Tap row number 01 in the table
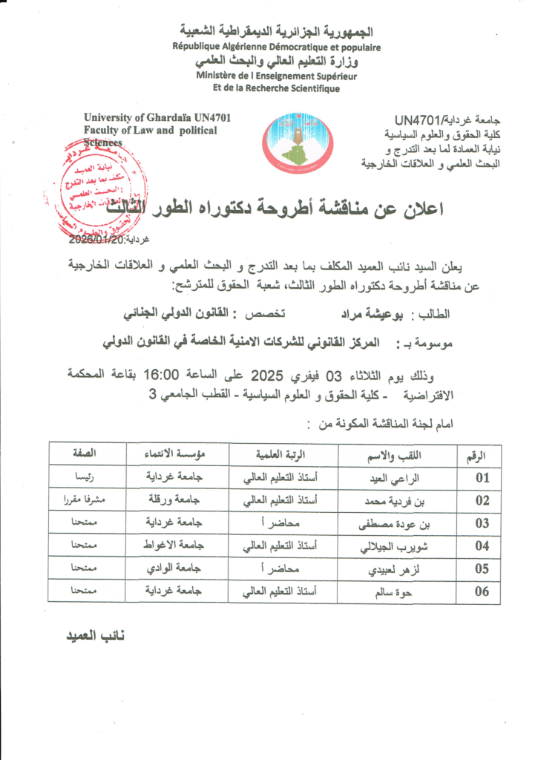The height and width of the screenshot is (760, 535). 482,477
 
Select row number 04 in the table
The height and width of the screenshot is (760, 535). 482,546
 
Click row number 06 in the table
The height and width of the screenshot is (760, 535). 482,592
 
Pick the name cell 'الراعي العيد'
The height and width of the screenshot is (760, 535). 401,478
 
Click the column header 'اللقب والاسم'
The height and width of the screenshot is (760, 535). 401,453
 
